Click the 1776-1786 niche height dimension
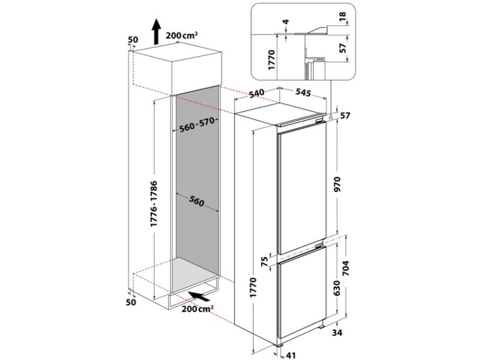pos(154,204)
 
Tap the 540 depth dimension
pos(256,94)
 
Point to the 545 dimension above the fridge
pos(303,92)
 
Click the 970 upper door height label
pos(337,184)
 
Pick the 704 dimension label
pos(346,268)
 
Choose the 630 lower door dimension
pos(337,288)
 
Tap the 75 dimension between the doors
pos(265,261)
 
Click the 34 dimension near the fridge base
pos(337,332)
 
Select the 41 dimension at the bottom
pos(290,355)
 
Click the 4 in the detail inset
pos(286,22)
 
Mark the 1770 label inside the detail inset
pos(272,59)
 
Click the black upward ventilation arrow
pos(157,31)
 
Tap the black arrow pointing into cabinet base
pos(199,296)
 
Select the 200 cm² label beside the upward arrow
pos(182,35)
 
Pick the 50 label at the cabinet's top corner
pos(133,40)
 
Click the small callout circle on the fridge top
pos(331,117)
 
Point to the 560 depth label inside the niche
pos(196,201)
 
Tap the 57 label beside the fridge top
pos(345,116)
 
